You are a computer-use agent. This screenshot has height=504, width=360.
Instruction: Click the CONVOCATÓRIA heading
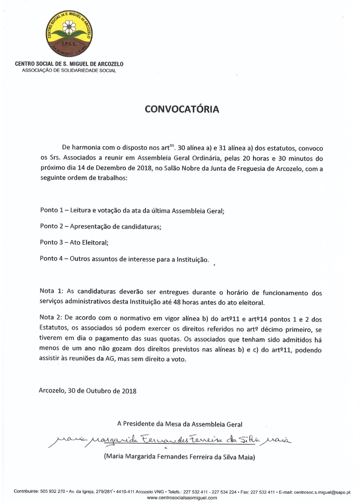coord(182,109)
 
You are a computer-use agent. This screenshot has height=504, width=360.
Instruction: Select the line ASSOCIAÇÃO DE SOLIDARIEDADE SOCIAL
coord(69,70)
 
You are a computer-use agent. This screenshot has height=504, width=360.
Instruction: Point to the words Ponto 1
coord(52,210)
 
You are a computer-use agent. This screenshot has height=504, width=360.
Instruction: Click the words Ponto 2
coord(52,226)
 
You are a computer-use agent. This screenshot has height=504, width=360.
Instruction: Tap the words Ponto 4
coord(52,259)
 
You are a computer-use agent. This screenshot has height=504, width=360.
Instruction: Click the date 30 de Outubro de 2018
coord(102,391)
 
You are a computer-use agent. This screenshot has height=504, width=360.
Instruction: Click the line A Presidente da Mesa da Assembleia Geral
coord(180,424)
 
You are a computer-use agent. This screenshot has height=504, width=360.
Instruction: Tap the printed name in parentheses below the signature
coord(179,457)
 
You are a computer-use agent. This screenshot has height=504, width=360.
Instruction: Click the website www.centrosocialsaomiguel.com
coord(182,498)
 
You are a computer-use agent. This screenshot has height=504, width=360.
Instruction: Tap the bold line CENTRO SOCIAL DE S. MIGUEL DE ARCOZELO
coord(69,64)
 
